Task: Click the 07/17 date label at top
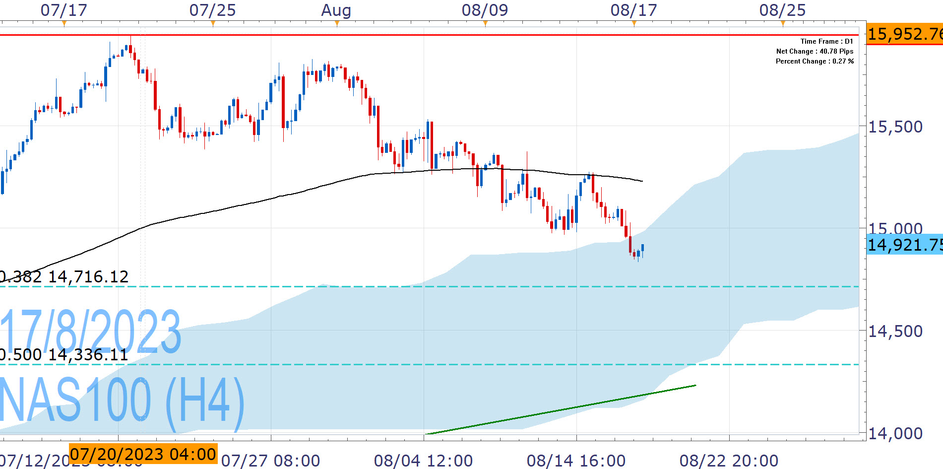[63, 10]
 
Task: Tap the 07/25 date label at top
[212, 10]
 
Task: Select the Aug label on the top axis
[336, 10]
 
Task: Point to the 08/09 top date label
[485, 10]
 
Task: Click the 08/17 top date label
[633, 10]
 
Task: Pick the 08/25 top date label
[782, 10]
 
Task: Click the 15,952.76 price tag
[904, 34]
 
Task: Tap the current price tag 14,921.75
[904, 245]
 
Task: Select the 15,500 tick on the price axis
[895, 127]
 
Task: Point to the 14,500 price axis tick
[895, 331]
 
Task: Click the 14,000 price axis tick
[895, 433]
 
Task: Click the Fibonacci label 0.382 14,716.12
[64, 276]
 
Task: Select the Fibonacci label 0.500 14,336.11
[64, 354]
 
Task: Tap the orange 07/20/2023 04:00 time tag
[143, 454]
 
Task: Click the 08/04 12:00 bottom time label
[423, 461]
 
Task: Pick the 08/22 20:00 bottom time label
[729, 461]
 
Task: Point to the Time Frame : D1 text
[826, 42]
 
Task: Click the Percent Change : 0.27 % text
[815, 62]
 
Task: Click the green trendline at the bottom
[561, 409]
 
